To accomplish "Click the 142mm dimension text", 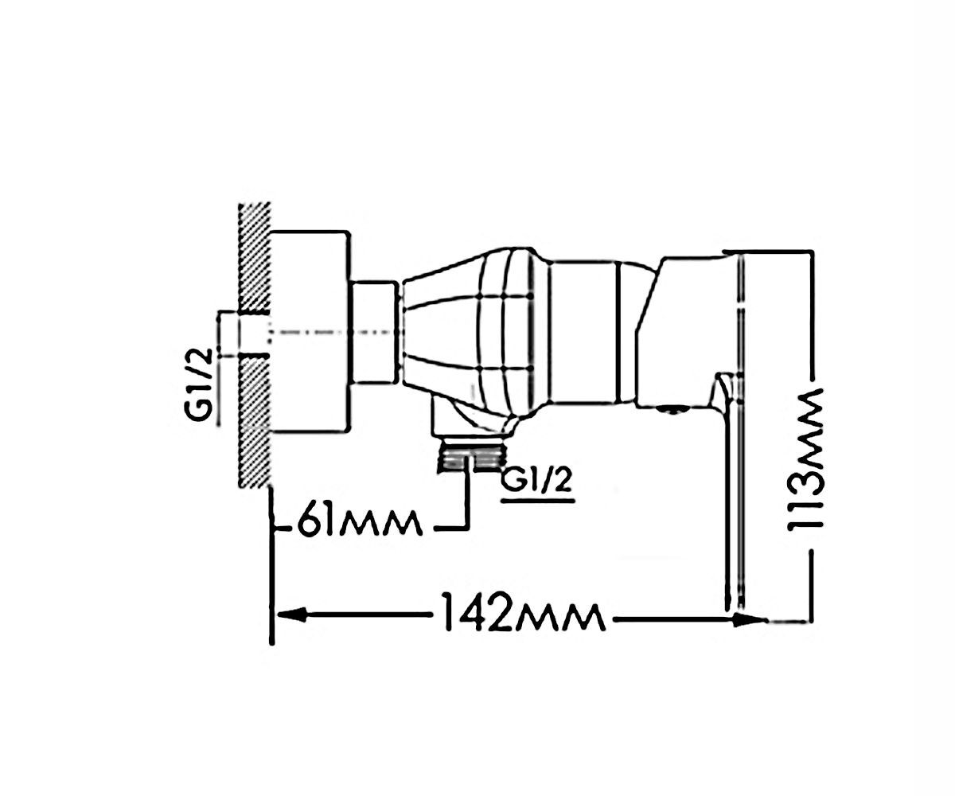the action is tap(525, 613).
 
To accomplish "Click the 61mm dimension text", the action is tap(360, 522).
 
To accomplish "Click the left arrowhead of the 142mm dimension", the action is tap(291, 615).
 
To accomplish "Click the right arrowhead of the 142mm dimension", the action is tap(750, 620).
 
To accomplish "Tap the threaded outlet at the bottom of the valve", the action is tap(470, 457).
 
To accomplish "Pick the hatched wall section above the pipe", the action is tap(254, 256).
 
